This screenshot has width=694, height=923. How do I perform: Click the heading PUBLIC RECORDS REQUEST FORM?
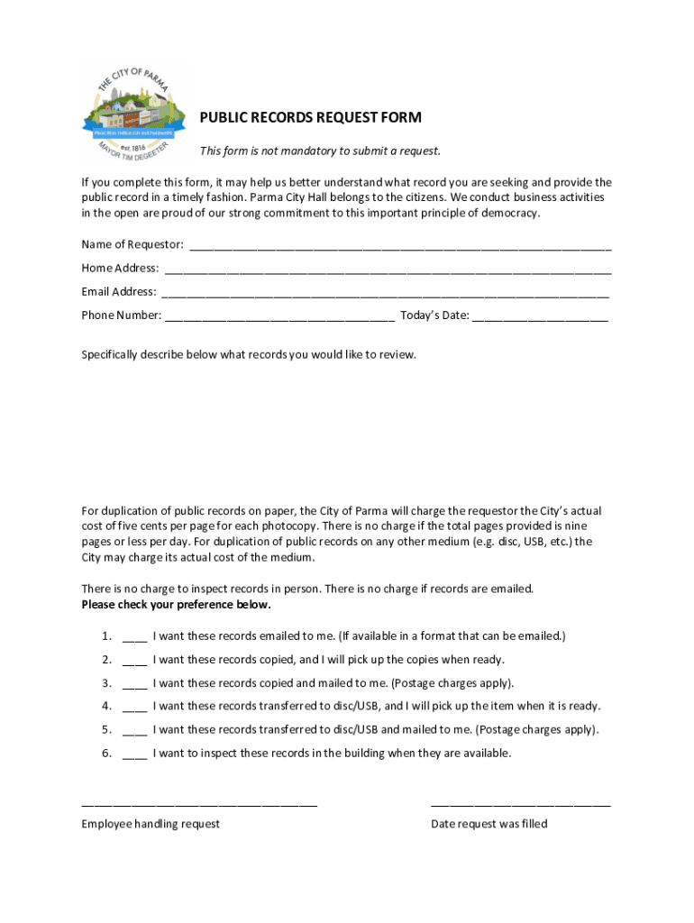coord(310,118)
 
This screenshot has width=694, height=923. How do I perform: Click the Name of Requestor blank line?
coord(399,246)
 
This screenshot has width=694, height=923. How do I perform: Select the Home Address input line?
coord(388,270)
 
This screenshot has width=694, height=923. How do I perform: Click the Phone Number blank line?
coord(279,316)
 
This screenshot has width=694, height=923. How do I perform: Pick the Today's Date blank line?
coord(540,316)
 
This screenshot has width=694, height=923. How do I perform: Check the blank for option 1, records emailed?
coord(134,637)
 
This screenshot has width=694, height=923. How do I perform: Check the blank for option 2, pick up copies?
coord(134,661)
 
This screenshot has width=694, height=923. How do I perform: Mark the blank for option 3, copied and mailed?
coord(134,684)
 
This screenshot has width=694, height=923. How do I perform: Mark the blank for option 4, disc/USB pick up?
coord(134,708)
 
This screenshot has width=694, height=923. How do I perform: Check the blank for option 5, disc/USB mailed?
coord(134,731)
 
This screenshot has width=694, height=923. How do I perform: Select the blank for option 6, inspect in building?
coord(134,754)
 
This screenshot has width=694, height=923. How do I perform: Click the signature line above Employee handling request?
coord(199,802)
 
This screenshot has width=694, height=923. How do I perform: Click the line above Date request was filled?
coord(520,802)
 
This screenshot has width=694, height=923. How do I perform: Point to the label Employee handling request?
coord(151,824)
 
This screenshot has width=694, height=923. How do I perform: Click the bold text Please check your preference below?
coord(176,605)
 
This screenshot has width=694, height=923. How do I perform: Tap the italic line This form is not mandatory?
coord(320,151)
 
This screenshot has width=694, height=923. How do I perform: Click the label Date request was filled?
coord(489,824)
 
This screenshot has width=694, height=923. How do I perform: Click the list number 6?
coord(106,754)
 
